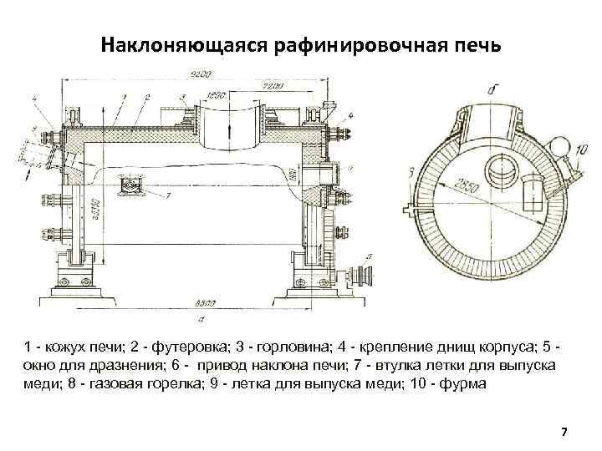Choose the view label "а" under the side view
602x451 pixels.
coord(203,318)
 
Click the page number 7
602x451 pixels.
coord(564,432)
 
